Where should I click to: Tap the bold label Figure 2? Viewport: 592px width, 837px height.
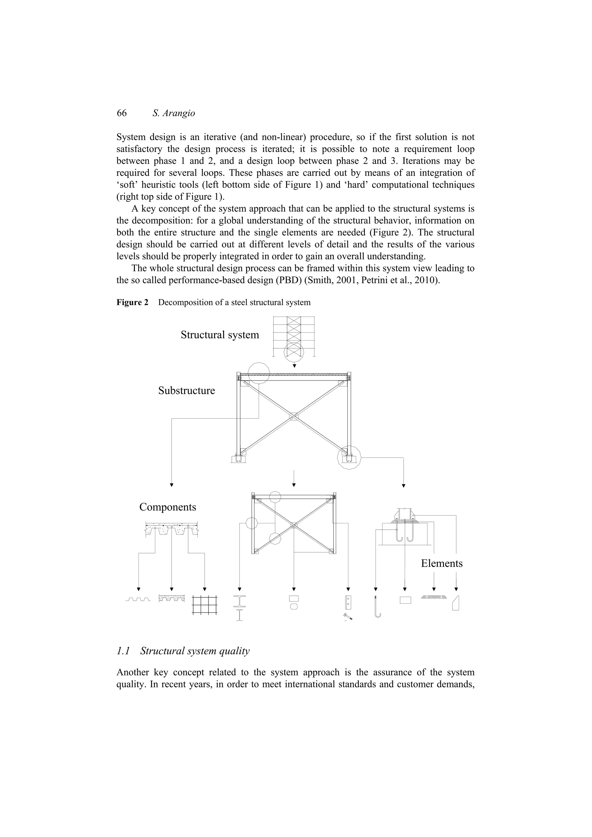pos(132,302)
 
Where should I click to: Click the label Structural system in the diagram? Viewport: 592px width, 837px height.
pos(220,335)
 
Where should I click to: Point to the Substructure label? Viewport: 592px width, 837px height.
pos(186,390)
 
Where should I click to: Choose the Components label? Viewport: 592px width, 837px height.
pos(167,507)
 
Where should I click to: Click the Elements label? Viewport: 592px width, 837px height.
pos(441,563)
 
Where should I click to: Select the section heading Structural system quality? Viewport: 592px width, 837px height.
pos(195,651)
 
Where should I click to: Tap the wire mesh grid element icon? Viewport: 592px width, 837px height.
pos(205,605)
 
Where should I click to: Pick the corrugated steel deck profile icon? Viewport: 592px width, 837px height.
pos(138,599)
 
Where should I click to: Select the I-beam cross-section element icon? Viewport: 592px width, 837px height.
pos(240,602)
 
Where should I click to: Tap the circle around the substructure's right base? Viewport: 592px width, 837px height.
pos(349,457)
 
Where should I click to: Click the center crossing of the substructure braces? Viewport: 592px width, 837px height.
pos(294,417)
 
